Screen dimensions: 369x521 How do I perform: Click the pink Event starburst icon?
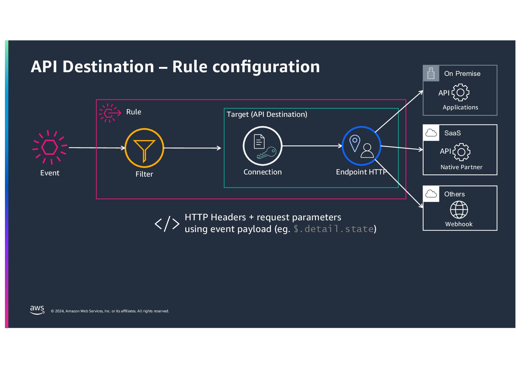pyautogui.click(x=50, y=147)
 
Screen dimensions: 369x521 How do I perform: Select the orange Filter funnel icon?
pyautogui.click(x=144, y=148)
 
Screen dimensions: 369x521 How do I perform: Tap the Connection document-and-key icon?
pyautogui.click(x=263, y=146)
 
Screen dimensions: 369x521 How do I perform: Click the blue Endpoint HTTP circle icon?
pyautogui.click(x=361, y=146)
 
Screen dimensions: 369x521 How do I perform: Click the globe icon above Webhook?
pyautogui.click(x=459, y=210)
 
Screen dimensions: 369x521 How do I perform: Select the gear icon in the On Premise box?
pyautogui.click(x=460, y=92)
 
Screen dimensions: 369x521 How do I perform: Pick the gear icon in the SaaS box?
pyautogui.click(x=461, y=152)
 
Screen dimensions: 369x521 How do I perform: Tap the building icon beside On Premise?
pyautogui.click(x=431, y=73)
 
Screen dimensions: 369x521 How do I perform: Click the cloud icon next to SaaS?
pyautogui.click(x=431, y=133)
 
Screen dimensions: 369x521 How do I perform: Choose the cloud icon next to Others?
pyautogui.click(x=431, y=194)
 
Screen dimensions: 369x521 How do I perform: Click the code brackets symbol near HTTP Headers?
pyautogui.click(x=167, y=224)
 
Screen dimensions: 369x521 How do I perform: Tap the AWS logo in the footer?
pyautogui.click(x=37, y=310)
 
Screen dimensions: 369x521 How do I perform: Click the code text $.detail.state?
pyautogui.click(x=334, y=229)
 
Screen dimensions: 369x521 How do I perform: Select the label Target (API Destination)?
pyautogui.click(x=267, y=114)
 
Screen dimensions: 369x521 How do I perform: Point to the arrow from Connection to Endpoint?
pyautogui.click(x=312, y=146)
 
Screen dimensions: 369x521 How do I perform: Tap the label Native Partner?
pyautogui.click(x=461, y=167)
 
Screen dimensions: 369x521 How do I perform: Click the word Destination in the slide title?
pyautogui.click(x=108, y=67)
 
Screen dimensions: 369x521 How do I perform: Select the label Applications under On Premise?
pyautogui.click(x=460, y=107)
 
